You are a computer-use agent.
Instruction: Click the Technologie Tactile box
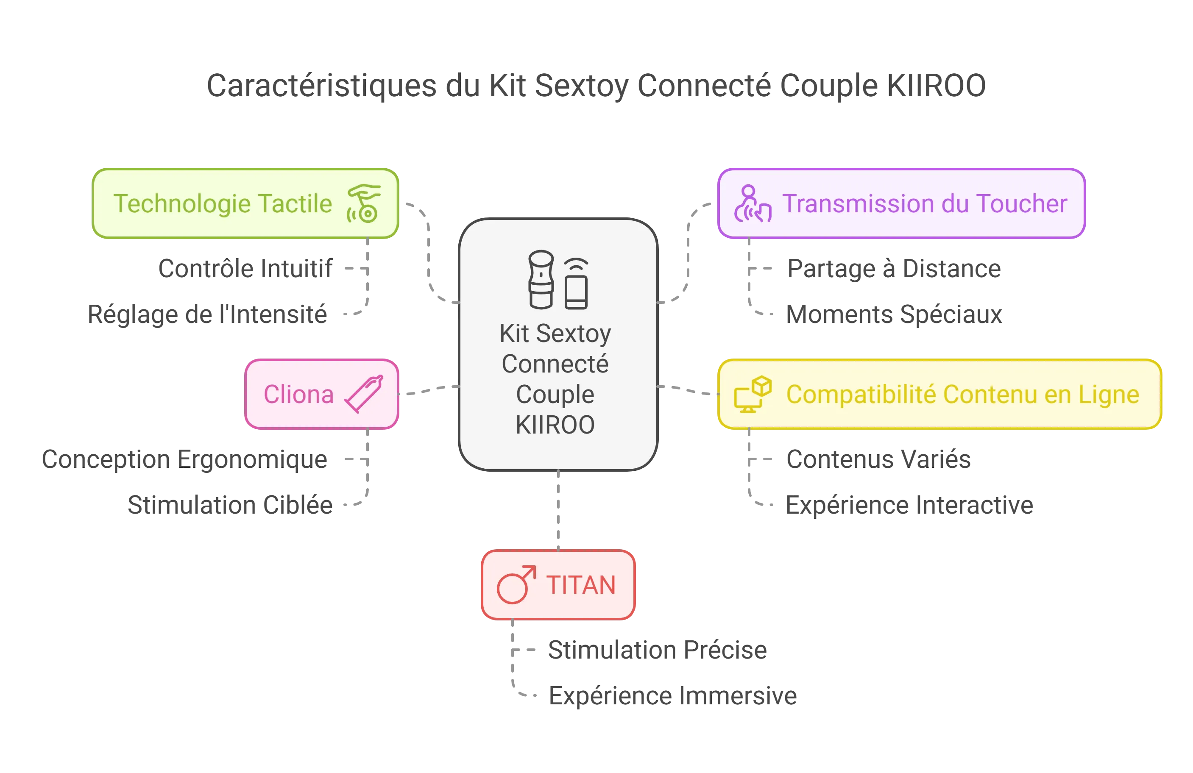245,203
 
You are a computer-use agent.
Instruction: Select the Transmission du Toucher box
901,203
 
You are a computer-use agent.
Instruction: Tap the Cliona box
322,394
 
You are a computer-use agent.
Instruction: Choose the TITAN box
558,585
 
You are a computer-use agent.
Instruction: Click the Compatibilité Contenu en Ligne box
939,394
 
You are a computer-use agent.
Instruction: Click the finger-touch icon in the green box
364,203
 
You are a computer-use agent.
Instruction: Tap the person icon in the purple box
752,204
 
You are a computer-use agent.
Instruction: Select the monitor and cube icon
753,394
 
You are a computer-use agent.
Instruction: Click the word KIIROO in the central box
555,425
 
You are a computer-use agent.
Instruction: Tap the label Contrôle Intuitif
245,269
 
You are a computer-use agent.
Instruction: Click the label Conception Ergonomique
185,459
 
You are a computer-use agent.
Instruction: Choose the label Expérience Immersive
673,695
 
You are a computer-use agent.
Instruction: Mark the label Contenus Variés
879,459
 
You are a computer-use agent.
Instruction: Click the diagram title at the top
596,86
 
